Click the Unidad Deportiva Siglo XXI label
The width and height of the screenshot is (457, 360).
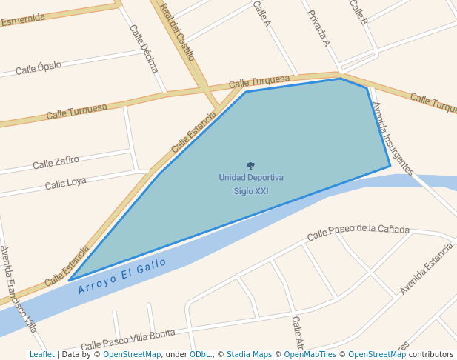250,184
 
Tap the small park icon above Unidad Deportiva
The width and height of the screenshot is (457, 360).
250,166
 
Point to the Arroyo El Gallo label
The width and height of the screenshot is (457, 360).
122,276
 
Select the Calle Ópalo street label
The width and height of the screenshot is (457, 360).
39,67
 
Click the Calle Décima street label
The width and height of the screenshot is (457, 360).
144,49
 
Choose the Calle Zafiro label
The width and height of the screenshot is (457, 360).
56,161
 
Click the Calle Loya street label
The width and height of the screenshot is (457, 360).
65,182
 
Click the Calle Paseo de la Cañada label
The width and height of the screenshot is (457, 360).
358,231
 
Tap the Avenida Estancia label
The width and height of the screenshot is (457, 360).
426,267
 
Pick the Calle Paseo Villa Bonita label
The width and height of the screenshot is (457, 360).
128,339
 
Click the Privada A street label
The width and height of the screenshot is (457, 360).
318,28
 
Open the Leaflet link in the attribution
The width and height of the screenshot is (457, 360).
41,355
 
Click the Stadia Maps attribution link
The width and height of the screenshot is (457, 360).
250,355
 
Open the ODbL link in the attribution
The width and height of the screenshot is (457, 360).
200,355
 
